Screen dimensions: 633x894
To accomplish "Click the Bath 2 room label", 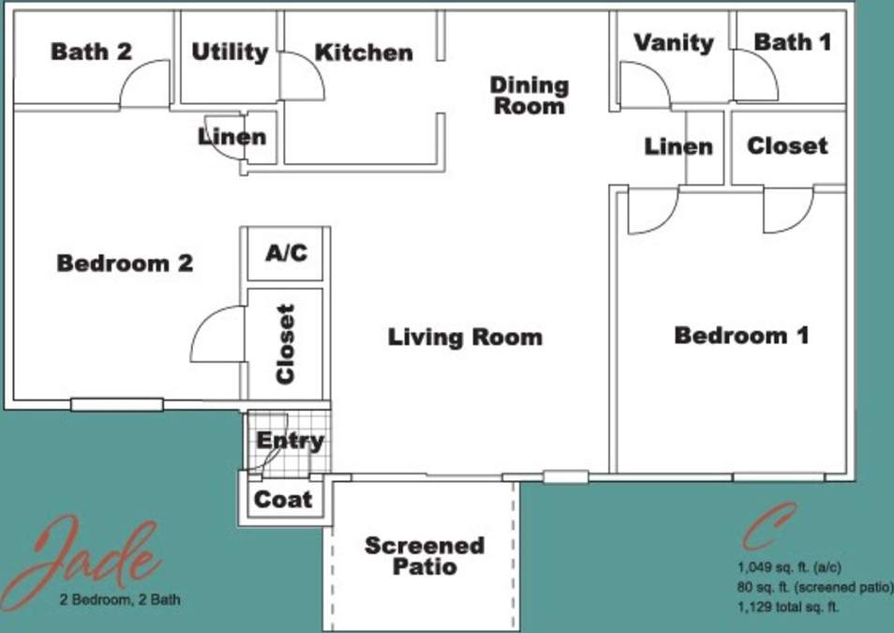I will click(91, 52).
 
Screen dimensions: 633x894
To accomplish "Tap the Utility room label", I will click(230, 53).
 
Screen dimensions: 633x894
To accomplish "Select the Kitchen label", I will click(364, 53).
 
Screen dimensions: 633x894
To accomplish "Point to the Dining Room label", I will click(529, 95).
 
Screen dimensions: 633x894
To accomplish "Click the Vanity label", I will click(674, 42).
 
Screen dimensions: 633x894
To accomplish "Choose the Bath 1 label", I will click(793, 42).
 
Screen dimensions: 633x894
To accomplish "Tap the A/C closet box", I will click(286, 253).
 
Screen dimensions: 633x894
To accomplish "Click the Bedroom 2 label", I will click(125, 264).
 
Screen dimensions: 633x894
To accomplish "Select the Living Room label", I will click(465, 337).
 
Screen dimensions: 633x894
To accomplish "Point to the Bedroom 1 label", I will click(741, 335).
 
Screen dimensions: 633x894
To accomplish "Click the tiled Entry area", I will click(290, 441).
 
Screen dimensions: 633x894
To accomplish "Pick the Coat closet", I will click(284, 500).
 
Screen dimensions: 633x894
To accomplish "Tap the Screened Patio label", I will click(425, 556).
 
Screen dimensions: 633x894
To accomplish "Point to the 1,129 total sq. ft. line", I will click(788, 607).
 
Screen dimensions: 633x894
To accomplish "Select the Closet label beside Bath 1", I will click(787, 146).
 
